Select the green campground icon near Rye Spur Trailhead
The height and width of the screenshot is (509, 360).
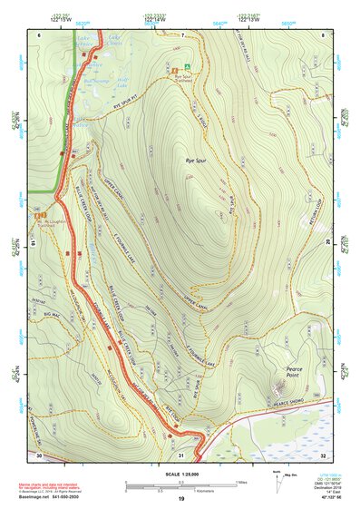tap(188, 66)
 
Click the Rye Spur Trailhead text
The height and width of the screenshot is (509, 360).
tap(184, 79)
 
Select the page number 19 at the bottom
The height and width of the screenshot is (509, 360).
tap(181, 499)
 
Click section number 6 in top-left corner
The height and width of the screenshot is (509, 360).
tap(39, 34)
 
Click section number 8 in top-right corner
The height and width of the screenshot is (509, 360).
tap(323, 34)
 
